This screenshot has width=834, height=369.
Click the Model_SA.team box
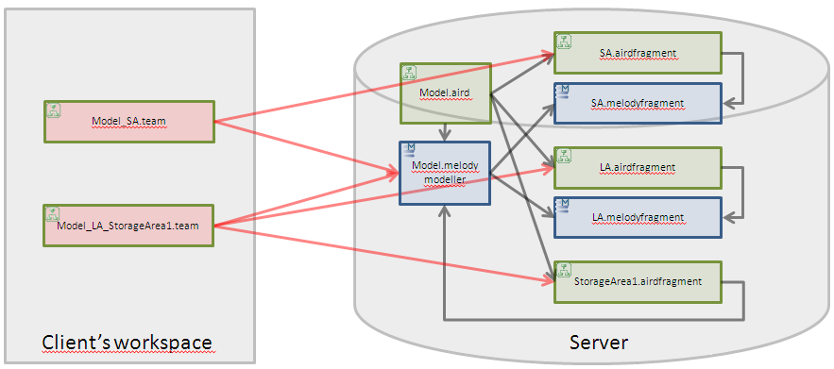coord(129,121)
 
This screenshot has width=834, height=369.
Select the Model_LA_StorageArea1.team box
coord(129,225)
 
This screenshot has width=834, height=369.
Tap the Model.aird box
coord(445,92)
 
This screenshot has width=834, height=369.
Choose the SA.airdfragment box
coord(638,54)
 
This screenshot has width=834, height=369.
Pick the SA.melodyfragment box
coord(638,103)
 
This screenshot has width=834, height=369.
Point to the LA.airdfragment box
coord(638,167)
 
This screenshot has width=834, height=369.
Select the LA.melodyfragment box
coord(638,217)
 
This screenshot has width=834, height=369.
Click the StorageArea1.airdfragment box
coord(638,281)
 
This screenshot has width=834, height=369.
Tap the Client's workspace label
coord(128,342)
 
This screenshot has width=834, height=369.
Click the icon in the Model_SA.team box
coord(54,109)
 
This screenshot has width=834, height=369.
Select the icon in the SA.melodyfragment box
coord(563,91)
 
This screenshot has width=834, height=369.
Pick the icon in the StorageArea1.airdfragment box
coord(564,269)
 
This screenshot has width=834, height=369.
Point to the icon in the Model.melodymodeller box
coord(409,149)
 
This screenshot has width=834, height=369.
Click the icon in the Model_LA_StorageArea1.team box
coord(54,213)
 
